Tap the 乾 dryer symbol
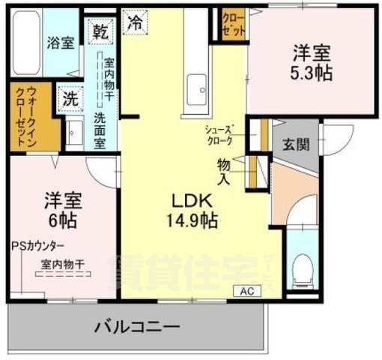(x=100, y=31)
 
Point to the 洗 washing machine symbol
(x=70, y=97)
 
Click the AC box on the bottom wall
(x=246, y=291)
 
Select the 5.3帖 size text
(x=312, y=73)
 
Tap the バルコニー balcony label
(x=137, y=328)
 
